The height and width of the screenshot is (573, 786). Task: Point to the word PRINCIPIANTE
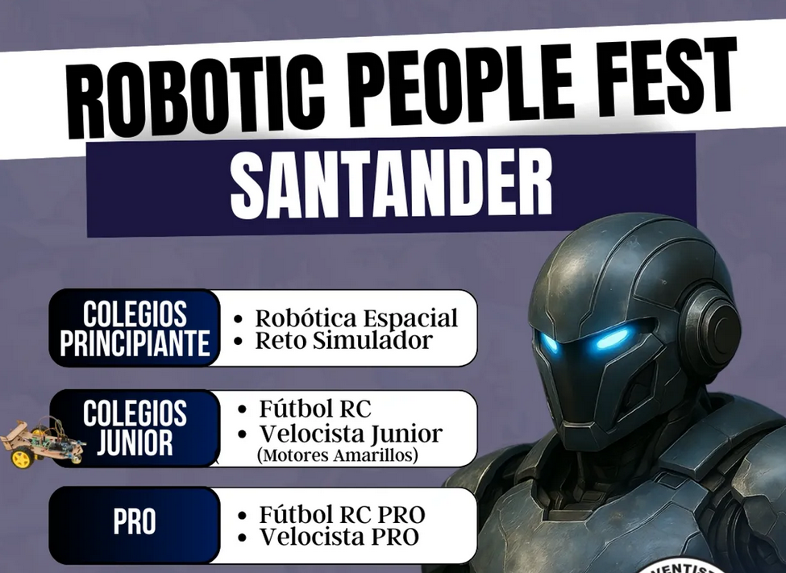[135, 343]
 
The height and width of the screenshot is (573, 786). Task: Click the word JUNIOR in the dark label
[135, 442]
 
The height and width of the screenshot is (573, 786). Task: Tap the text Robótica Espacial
[356, 318]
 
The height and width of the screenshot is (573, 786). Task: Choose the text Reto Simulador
[343, 340]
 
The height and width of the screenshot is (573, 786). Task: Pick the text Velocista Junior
[351, 434]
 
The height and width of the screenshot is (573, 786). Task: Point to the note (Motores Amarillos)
[337, 455]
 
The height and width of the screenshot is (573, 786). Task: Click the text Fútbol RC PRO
[342, 514]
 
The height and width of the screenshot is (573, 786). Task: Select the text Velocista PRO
[339, 537]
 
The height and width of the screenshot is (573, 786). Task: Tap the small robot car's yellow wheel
[22, 459]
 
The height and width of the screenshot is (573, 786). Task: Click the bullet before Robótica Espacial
[239, 319]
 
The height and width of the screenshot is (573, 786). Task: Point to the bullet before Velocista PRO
[243, 538]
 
